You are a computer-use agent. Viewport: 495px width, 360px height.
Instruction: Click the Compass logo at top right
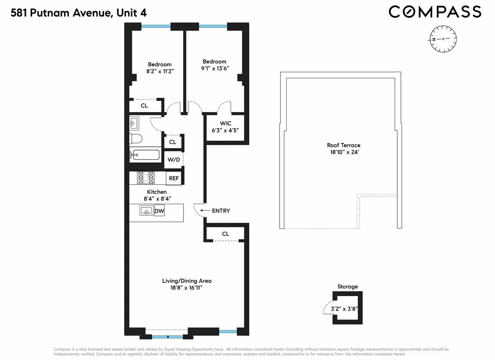tap(435, 12)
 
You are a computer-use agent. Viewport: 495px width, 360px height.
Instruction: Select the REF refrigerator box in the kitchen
tap(174, 179)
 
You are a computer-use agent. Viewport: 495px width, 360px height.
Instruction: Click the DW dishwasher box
tap(159, 212)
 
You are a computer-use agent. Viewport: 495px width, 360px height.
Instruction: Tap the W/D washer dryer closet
tap(173, 160)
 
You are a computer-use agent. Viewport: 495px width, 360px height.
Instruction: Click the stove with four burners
tap(146, 178)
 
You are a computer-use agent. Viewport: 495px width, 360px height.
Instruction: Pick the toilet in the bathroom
tap(136, 138)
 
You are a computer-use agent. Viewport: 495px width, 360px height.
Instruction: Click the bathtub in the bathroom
tap(144, 155)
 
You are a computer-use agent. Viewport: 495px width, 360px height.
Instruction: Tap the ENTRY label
tap(221, 211)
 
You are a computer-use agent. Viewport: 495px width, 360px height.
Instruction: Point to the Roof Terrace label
tap(344, 145)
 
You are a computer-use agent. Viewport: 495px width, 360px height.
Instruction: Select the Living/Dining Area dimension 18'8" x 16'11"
tap(186, 288)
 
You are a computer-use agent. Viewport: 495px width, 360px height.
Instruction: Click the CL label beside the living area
tap(225, 234)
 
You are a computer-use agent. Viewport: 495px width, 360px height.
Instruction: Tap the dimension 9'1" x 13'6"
tap(214, 68)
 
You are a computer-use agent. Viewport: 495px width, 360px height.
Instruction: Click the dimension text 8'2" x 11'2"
tap(160, 71)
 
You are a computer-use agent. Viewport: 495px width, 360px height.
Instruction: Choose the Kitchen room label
tap(157, 192)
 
